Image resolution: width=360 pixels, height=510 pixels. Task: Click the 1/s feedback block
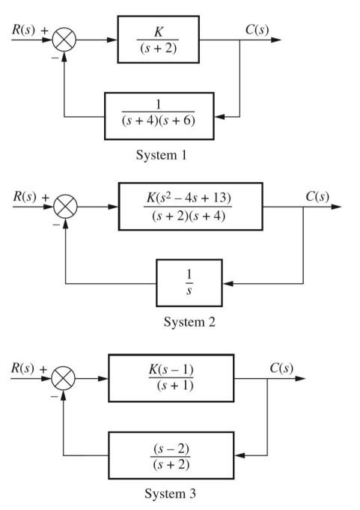point(189,283)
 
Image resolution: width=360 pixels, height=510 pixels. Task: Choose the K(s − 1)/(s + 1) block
point(171,378)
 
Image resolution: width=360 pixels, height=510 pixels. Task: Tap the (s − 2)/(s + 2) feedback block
point(171,455)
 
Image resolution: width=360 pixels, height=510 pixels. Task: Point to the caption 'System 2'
point(188,323)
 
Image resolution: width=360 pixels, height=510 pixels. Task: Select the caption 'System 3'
point(171,494)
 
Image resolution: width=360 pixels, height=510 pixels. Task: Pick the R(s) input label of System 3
point(24,368)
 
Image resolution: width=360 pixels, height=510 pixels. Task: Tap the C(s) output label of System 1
point(256,31)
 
